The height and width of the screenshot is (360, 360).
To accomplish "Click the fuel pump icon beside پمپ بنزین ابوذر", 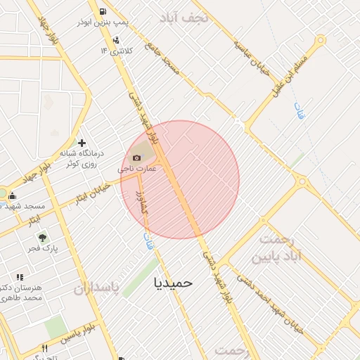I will click(103, 11).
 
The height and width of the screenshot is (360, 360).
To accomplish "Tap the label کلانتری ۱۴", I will click(115, 51).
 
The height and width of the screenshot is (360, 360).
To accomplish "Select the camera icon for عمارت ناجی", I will click(137, 157).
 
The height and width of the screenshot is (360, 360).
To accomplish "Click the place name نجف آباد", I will click(184, 18).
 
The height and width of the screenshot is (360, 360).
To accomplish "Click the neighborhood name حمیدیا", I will click(173, 282).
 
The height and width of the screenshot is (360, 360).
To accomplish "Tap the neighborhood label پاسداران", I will click(94, 288).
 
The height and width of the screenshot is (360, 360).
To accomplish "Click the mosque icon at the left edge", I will click(12, 196).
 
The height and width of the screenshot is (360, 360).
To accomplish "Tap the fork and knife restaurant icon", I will click(45, 348).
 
